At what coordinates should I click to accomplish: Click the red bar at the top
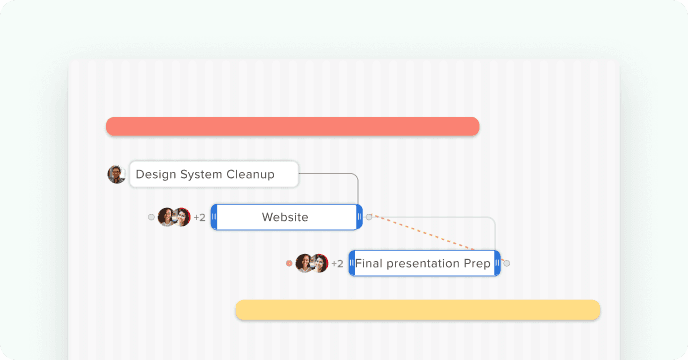[292, 126]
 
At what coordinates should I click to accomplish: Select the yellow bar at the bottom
[417, 310]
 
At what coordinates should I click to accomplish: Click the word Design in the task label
[155, 174]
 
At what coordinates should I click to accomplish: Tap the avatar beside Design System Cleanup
[116, 174]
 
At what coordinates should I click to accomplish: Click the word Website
[285, 217]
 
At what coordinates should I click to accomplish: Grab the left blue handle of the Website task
[214, 217]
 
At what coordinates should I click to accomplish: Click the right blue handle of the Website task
[359, 217]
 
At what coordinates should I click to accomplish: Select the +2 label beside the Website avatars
[199, 217]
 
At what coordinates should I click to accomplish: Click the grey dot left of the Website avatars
[152, 217]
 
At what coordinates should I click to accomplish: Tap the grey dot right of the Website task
[369, 217]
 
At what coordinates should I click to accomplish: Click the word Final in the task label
[370, 264]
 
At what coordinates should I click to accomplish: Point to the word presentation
[428, 264]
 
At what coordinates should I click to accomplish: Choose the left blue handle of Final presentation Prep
[352, 264]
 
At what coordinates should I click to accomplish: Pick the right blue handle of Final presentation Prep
[497, 264]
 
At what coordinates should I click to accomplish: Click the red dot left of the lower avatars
[289, 264]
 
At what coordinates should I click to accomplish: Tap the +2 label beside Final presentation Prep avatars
[337, 264]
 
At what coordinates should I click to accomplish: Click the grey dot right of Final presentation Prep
[507, 264]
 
